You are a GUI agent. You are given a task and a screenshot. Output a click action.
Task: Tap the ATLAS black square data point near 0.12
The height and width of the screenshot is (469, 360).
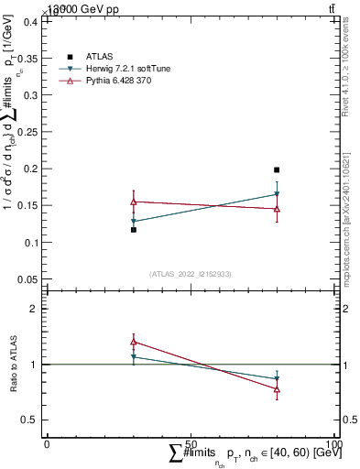[x=134, y=230]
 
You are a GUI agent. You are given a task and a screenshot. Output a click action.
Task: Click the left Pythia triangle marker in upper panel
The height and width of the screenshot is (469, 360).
[x=134, y=202]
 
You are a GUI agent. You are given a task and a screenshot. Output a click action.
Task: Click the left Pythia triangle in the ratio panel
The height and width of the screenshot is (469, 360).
[x=134, y=342]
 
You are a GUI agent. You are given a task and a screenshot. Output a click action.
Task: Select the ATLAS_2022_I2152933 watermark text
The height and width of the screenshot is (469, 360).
[x=190, y=273]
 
